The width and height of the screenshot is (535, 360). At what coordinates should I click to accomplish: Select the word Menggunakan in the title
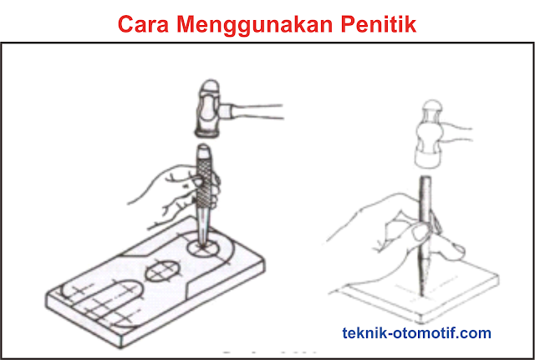pyautogui.click(x=259, y=23)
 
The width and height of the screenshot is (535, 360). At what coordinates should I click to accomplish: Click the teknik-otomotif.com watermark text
pyautogui.click(x=417, y=332)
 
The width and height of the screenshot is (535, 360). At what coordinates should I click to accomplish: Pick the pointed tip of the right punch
pyautogui.click(x=421, y=289)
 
